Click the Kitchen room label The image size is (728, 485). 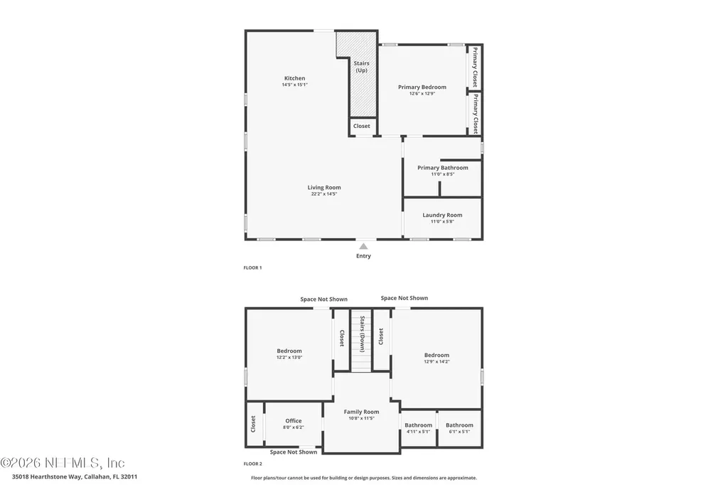pos(294,78)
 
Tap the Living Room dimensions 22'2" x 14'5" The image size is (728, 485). pos(323,193)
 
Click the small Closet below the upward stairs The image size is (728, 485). pos(362,126)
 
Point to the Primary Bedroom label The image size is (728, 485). pos(422,87)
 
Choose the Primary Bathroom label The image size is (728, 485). pos(442,168)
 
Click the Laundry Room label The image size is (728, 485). pos(442,215)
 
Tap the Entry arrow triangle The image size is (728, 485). pos(363,246)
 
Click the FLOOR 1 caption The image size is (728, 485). pos(253,268)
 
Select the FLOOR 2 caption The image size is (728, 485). pos(253,463)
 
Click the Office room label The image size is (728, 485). pos(294,421)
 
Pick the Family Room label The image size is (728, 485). pos(361,412)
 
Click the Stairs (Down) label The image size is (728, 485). pos(362,334)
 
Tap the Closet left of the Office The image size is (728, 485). pos(253,424)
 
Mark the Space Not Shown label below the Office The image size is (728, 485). pos(294,452)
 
